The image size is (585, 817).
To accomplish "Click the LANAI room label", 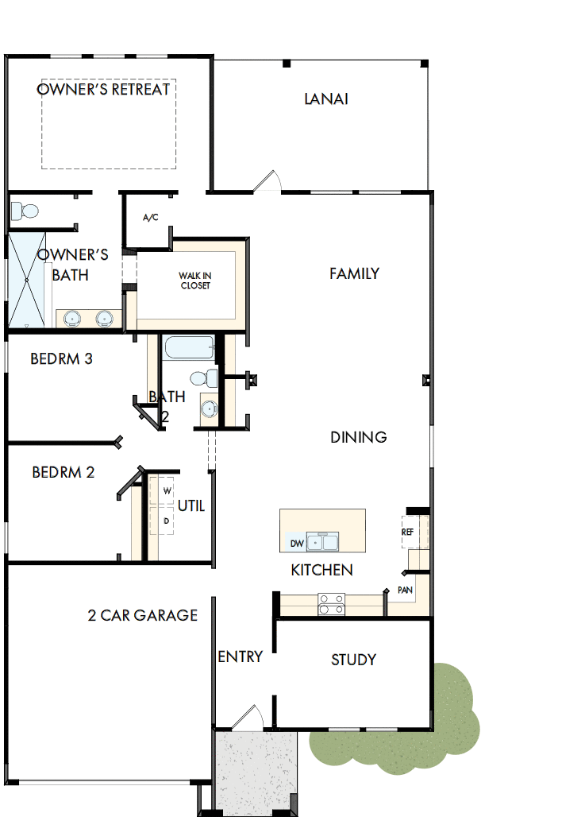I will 326,99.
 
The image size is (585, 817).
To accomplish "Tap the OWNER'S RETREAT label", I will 103,89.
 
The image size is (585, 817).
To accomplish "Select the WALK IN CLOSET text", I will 194,281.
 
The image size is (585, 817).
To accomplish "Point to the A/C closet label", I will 151,217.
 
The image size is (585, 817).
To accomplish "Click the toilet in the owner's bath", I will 26,211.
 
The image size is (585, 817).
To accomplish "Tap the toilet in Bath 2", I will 203,377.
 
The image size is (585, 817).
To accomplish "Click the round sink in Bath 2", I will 208,409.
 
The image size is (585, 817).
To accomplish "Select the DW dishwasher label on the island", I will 297,544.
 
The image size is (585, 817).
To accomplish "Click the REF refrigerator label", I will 407,532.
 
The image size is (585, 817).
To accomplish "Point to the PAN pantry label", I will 405,590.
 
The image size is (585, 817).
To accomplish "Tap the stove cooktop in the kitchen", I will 330,604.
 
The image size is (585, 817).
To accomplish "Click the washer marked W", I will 167,491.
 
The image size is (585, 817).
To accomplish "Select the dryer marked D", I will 167,521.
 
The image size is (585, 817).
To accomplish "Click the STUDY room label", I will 353,660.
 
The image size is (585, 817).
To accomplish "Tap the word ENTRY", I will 240,656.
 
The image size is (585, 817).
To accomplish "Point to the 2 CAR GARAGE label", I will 142,615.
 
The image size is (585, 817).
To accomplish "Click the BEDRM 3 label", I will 61,359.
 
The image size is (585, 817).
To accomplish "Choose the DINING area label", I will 359,437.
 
